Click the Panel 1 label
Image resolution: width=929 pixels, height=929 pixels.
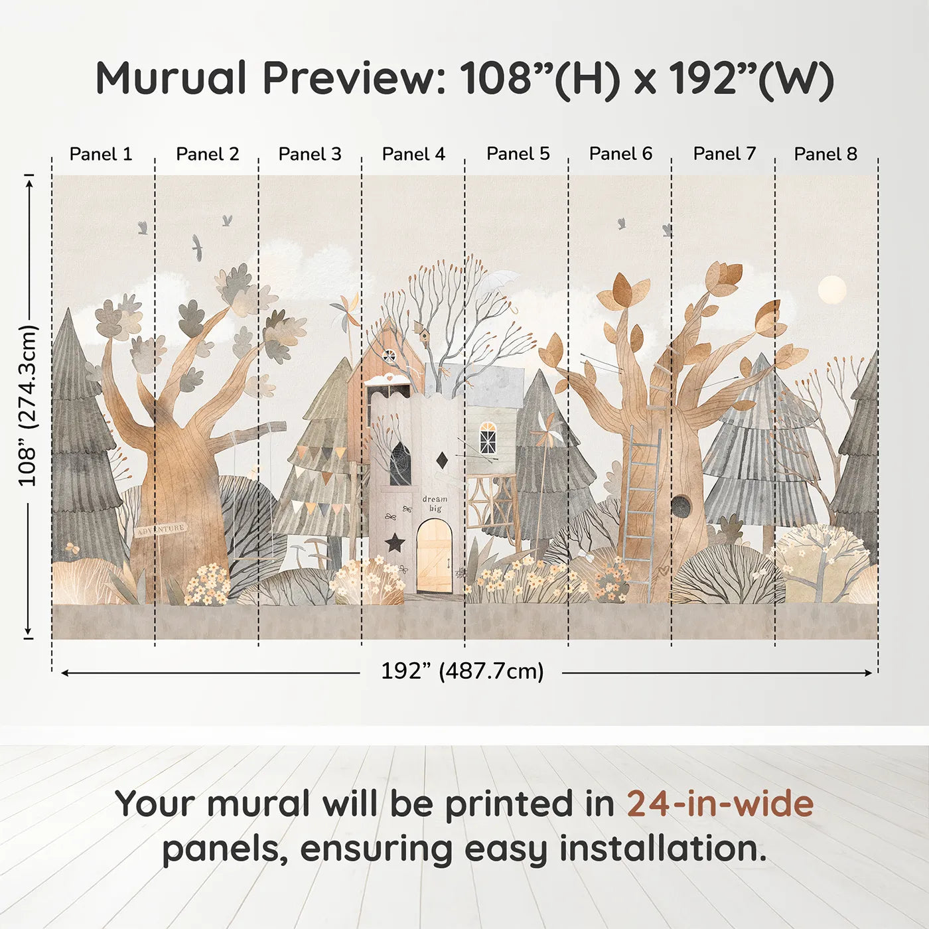point(101,154)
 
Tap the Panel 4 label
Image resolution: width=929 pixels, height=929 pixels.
point(413,154)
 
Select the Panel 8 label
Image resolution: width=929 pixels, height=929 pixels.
point(826,154)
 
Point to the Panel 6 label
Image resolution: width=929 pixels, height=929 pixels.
point(621,154)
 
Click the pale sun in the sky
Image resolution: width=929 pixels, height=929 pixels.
point(832,290)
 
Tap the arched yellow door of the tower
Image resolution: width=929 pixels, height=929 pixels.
point(435,555)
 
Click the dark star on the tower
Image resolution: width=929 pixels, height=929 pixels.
point(395,542)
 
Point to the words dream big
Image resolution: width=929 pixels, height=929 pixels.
point(435,503)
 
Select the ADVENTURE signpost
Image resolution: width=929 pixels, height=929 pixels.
point(161,529)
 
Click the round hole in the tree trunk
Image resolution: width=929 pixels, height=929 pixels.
point(679,505)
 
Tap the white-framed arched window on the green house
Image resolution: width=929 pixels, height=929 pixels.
point(488,438)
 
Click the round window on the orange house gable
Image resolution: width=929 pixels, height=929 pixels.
point(389,356)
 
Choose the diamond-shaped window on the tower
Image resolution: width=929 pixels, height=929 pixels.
point(441,460)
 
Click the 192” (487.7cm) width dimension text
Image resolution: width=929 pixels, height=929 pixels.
point(463,671)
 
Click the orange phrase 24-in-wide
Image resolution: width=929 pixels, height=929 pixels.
point(720,804)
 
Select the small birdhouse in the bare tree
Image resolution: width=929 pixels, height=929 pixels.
point(423,330)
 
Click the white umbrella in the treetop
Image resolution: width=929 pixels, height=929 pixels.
point(499,285)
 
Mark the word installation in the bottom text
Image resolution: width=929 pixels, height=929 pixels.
point(663,849)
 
